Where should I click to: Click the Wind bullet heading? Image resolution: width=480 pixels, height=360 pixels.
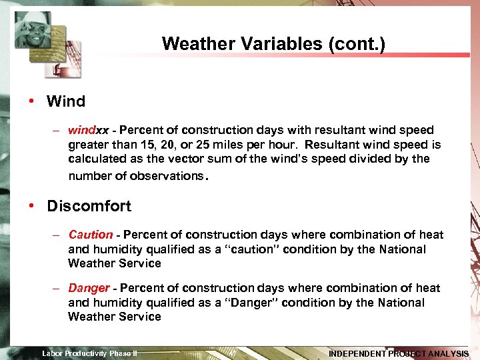(66, 102)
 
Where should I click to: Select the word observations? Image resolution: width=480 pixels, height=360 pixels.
(168, 176)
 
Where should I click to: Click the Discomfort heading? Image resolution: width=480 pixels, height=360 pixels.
(89, 206)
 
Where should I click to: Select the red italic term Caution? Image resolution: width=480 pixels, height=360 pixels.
(91, 235)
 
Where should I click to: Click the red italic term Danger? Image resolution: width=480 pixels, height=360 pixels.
(89, 288)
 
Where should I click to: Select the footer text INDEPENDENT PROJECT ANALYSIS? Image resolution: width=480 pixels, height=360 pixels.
(398, 353)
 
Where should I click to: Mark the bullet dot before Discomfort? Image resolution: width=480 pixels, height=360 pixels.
(32, 205)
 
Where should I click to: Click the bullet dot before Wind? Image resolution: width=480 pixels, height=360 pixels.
(32, 101)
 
